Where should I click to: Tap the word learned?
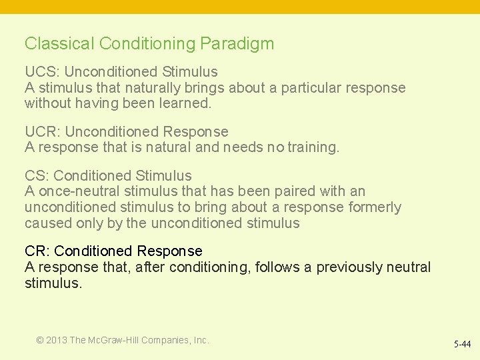[x=185, y=103]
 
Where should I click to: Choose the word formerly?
[x=375, y=207]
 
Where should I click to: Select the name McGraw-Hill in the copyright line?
[x=113, y=340]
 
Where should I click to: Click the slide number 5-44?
[x=461, y=345]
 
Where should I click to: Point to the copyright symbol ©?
[x=40, y=340]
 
